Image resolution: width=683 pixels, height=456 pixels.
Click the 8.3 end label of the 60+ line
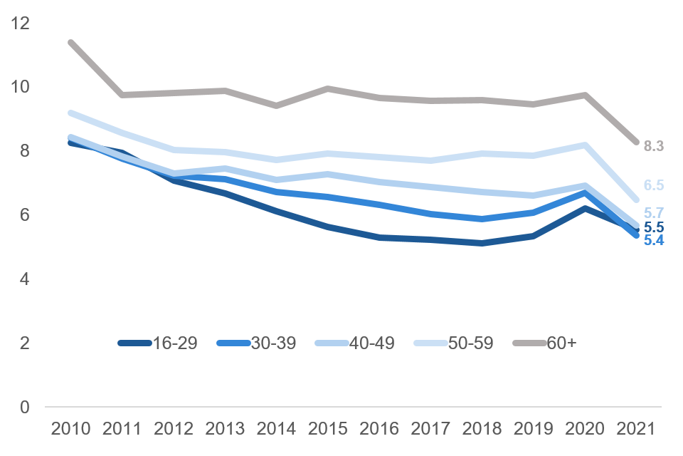tap(653, 146)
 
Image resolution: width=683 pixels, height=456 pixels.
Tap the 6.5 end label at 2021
tap(653, 185)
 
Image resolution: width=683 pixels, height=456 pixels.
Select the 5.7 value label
tap(653, 212)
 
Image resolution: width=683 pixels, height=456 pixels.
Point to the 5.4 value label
tap(653, 240)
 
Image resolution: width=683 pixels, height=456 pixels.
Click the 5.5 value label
tap(653, 227)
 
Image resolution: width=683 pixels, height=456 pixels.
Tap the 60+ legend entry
tap(561, 343)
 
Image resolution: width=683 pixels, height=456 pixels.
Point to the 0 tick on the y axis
tap(26, 408)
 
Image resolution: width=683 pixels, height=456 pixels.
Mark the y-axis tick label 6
tap(26, 215)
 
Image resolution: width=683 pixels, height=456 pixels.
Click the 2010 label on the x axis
tap(70, 430)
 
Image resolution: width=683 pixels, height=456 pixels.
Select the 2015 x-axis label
tap(328, 430)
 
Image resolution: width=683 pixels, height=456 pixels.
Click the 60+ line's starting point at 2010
tap(70, 42)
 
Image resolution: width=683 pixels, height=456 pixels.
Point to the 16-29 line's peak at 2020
tap(586, 208)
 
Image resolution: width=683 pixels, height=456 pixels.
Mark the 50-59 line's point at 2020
tap(586, 145)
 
